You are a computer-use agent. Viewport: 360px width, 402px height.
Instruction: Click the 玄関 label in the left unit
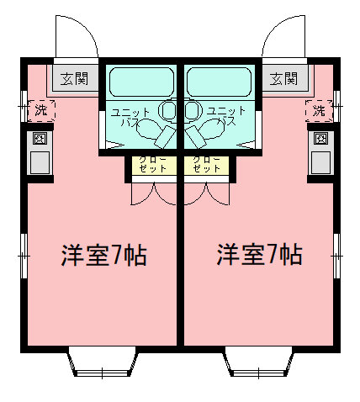pyautogui.click(x=75, y=79)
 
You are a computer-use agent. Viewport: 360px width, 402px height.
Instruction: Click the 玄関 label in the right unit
pyautogui.click(x=283, y=79)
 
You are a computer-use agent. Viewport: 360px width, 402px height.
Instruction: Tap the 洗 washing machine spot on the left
pyautogui.click(x=41, y=110)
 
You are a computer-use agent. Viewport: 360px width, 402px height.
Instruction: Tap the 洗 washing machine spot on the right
pyautogui.click(x=319, y=110)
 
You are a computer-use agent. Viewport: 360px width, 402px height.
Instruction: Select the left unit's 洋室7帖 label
pyautogui.click(x=104, y=255)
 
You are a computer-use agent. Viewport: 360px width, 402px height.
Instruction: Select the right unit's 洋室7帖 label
pyautogui.click(x=260, y=255)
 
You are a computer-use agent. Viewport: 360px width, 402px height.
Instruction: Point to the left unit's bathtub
pyautogui.click(x=141, y=82)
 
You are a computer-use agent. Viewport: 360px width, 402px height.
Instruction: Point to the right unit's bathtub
pyautogui.click(x=219, y=82)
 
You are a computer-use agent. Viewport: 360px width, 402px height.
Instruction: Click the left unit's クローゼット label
pyautogui.click(x=153, y=164)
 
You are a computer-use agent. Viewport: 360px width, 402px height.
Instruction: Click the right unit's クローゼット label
pyautogui.click(x=207, y=164)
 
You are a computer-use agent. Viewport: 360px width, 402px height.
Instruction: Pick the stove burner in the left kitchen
pyautogui.click(x=40, y=139)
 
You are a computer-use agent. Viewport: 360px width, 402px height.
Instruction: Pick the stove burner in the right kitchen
pyautogui.click(x=320, y=139)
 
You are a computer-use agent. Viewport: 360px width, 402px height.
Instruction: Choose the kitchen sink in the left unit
pyautogui.click(x=40, y=162)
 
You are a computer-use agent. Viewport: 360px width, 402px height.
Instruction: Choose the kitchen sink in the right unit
pyautogui.click(x=320, y=162)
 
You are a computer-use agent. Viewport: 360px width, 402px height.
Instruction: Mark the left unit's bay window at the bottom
pyautogui.click(x=103, y=362)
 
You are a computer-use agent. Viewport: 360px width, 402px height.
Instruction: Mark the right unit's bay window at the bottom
pyautogui.click(x=258, y=362)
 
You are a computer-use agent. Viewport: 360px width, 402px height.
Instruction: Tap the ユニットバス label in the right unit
pyautogui.click(x=226, y=116)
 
